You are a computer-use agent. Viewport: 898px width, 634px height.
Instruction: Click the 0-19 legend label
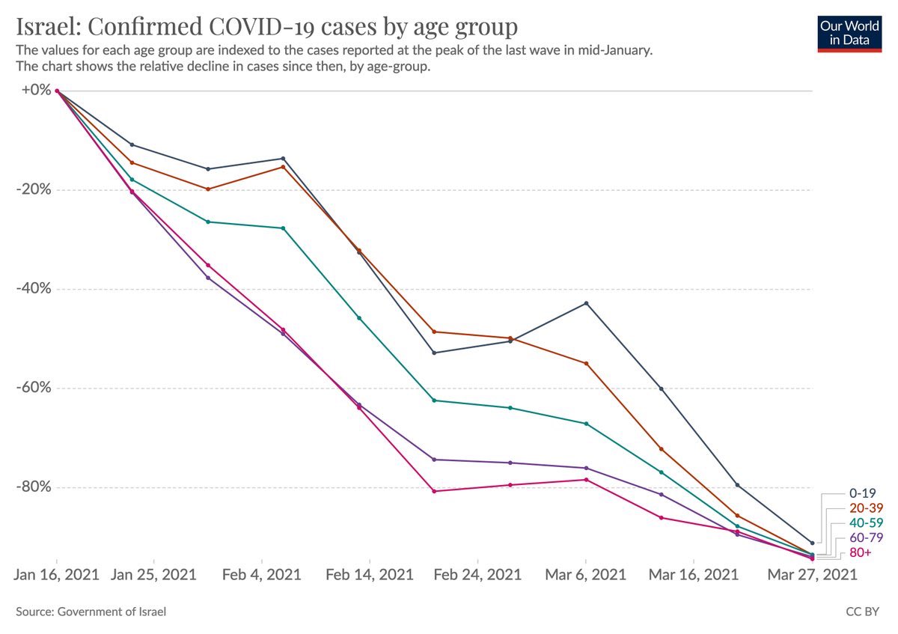pyautogui.click(x=862, y=493)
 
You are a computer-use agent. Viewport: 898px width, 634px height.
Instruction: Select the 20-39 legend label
pyautogui.click(x=866, y=508)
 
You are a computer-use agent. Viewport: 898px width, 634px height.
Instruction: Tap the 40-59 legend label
pyautogui.click(x=866, y=523)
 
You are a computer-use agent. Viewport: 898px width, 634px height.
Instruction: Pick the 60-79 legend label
pyautogui.click(x=866, y=537)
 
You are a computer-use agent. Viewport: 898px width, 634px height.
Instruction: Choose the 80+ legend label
pyautogui.click(x=861, y=552)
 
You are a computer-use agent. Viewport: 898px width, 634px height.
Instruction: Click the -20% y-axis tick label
pyautogui.click(x=34, y=189)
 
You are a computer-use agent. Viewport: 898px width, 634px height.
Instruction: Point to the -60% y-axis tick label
pyautogui.click(x=34, y=388)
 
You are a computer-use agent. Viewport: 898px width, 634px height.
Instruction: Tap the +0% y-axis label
pyautogui.click(x=36, y=90)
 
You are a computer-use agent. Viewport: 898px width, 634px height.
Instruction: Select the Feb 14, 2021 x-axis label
pyautogui.click(x=369, y=575)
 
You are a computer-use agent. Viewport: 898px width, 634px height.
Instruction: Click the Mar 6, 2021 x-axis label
pyautogui.click(x=585, y=575)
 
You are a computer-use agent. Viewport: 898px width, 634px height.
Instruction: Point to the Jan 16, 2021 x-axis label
pyautogui.click(x=57, y=575)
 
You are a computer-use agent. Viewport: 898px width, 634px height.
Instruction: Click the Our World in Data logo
pyautogui.click(x=849, y=34)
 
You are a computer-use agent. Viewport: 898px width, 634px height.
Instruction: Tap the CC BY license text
pyautogui.click(x=862, y=612)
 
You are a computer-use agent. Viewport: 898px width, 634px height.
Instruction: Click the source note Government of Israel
pyautogui.click(x=112, y=612)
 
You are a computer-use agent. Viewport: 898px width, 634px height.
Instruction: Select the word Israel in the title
pyautogui.click(x=49, y=26)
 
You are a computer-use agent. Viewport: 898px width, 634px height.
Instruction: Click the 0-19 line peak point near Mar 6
pyautogui.click(x=586, y=303)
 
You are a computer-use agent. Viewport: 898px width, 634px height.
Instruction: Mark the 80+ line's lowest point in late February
pyautogui.click(x=434, y=491)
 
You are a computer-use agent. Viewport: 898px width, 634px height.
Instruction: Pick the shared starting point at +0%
pyautogui.click(x=57, y=91)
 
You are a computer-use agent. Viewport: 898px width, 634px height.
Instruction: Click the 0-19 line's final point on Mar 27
pyautogui.click(x=812, y=543)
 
